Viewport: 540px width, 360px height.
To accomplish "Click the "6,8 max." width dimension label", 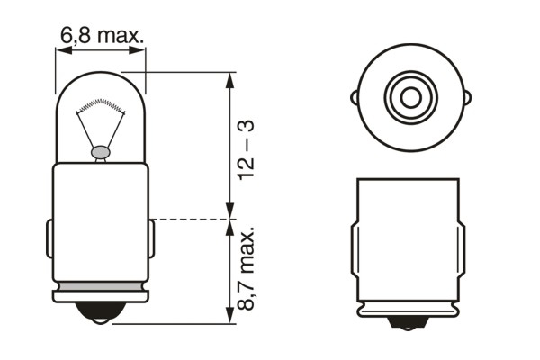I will click(103, 36).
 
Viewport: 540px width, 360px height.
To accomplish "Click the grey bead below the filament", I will click(101, 153).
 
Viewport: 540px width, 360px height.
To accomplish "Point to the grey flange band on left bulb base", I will click(101, 293).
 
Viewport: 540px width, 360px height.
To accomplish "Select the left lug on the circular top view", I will click(356, 94).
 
